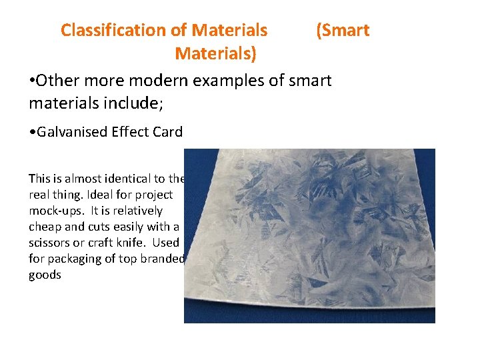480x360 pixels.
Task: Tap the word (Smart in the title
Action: coord(343,30)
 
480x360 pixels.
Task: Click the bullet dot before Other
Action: coord(32,81)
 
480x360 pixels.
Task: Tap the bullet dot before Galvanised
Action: coord(33,132)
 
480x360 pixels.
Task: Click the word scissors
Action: coord(50,243)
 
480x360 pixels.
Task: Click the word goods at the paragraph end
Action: coord(45,275)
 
